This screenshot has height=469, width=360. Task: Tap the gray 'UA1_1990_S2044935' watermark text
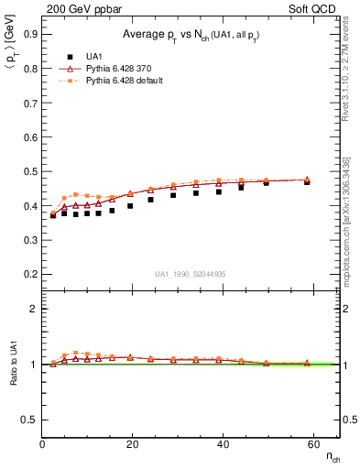tap(191, 274)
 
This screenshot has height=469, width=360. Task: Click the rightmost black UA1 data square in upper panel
tap(307, 182)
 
